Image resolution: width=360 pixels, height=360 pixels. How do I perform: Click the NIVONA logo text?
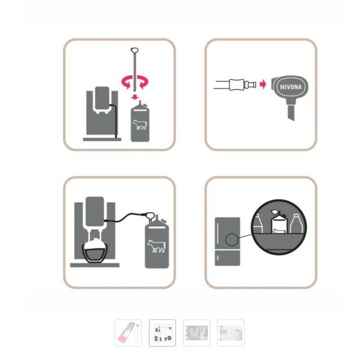click(x=291, y=87)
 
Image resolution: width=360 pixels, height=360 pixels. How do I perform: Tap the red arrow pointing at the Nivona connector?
click(x=263, y=84)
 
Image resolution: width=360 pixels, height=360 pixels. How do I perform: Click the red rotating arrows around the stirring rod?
click(x=135, y=82)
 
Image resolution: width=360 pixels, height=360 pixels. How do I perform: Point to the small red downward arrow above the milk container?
click(x=135, y=97)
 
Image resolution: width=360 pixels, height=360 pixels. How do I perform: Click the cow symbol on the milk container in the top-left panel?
click(x=139, y=124)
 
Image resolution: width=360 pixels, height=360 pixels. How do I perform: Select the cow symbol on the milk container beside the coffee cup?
click(x=156, y=246)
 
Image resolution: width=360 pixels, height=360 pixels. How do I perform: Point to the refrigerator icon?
click(x=227, y=242)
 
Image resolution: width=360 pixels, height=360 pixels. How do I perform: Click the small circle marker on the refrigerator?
click(x=231, y=240)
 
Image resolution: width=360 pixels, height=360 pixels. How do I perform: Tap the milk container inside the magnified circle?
click(x=279, y=221)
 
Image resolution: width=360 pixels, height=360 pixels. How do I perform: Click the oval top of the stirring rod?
click(x=135, y=50)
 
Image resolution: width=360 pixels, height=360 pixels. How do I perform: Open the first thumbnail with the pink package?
click(x=128, y=333)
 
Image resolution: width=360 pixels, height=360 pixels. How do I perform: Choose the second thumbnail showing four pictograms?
click(x=162, y=333)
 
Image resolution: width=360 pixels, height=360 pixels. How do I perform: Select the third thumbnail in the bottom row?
click(x=197, y=333)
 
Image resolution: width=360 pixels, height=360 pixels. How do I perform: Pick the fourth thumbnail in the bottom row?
click(x=231, y=333)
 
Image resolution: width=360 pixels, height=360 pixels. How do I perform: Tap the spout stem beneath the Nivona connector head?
click(x=291, y=112)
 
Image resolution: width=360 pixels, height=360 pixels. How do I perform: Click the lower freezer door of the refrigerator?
click(x=227, y=258)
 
